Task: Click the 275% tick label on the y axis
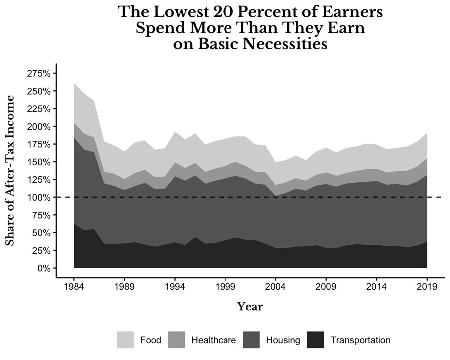coord(38,74)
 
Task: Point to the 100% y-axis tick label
coord(38,197)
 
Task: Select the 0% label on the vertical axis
coord(44,268)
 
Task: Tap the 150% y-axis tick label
coord(38,162)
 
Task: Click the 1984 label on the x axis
coord(74,287)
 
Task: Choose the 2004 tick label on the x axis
coord(275,287)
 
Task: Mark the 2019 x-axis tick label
coord(427,287)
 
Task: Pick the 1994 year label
coord(175,287)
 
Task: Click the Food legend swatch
coord(125,340)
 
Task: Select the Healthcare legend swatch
coord(177,340)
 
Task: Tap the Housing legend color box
coord(251,340)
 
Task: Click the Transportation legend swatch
coord(316,340)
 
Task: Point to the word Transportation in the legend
coord(361,340)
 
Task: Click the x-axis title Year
coord(250,307)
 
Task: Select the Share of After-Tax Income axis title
coord(10,171)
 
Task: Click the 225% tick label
coord(38,109)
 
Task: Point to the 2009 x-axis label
coord(326,287)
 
